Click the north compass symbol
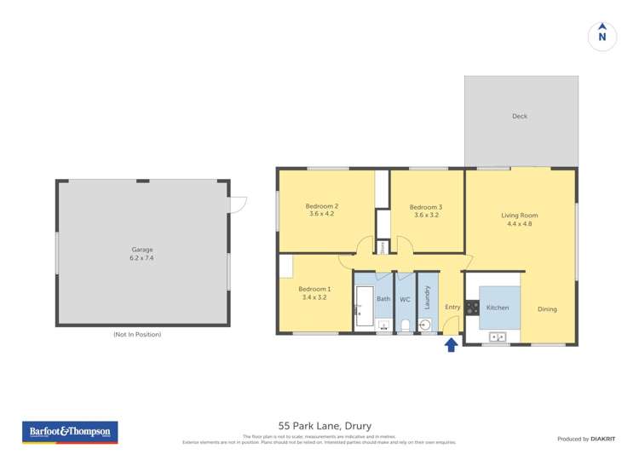(x=602, y=36)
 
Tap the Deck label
(x=520, y=117)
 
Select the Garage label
(x=141, y=248)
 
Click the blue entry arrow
(x=451, y=344)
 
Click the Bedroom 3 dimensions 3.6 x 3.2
(x=425, y=216)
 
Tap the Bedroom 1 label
(x=315, y=289)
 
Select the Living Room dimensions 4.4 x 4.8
(x=519, y=225)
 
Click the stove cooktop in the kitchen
(x=472, y=308)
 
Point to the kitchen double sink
(x=497, y=337)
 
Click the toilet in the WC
(x=406, y=325)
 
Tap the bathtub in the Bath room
(x=364, y=307)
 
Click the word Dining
(x=547, y=308)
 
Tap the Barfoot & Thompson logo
(x=70, y=432)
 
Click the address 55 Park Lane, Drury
(x=325, y=425)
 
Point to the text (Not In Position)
(x=137, y=335)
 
